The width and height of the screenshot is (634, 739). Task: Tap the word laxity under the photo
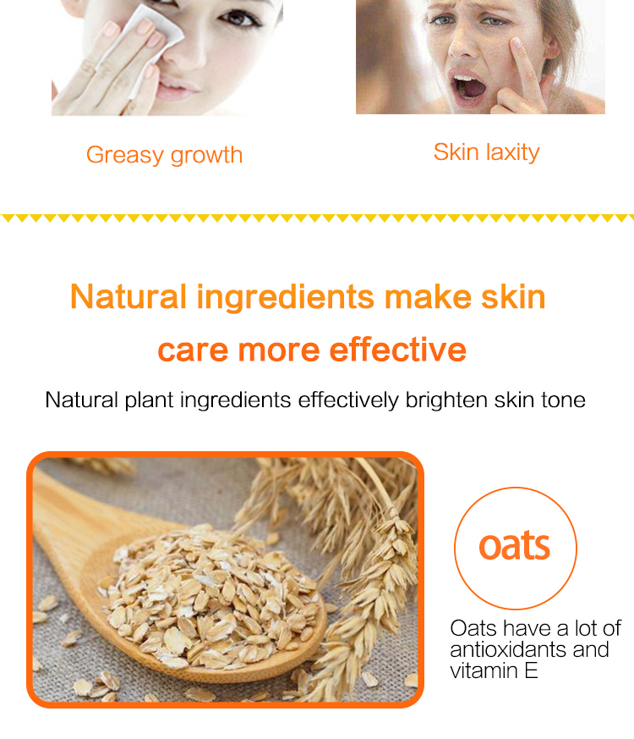(x=512, y=152)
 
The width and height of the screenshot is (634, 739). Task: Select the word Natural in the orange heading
(x=128, y=297)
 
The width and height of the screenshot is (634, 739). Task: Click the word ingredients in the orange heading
(x=285, y=297)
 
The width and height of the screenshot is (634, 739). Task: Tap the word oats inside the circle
(x=515, y=546)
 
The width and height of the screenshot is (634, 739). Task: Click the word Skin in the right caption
(x=456, y=152)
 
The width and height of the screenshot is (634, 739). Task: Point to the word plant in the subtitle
(x=149, y=400)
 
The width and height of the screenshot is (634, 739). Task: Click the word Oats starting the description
(x=473, y=628)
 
